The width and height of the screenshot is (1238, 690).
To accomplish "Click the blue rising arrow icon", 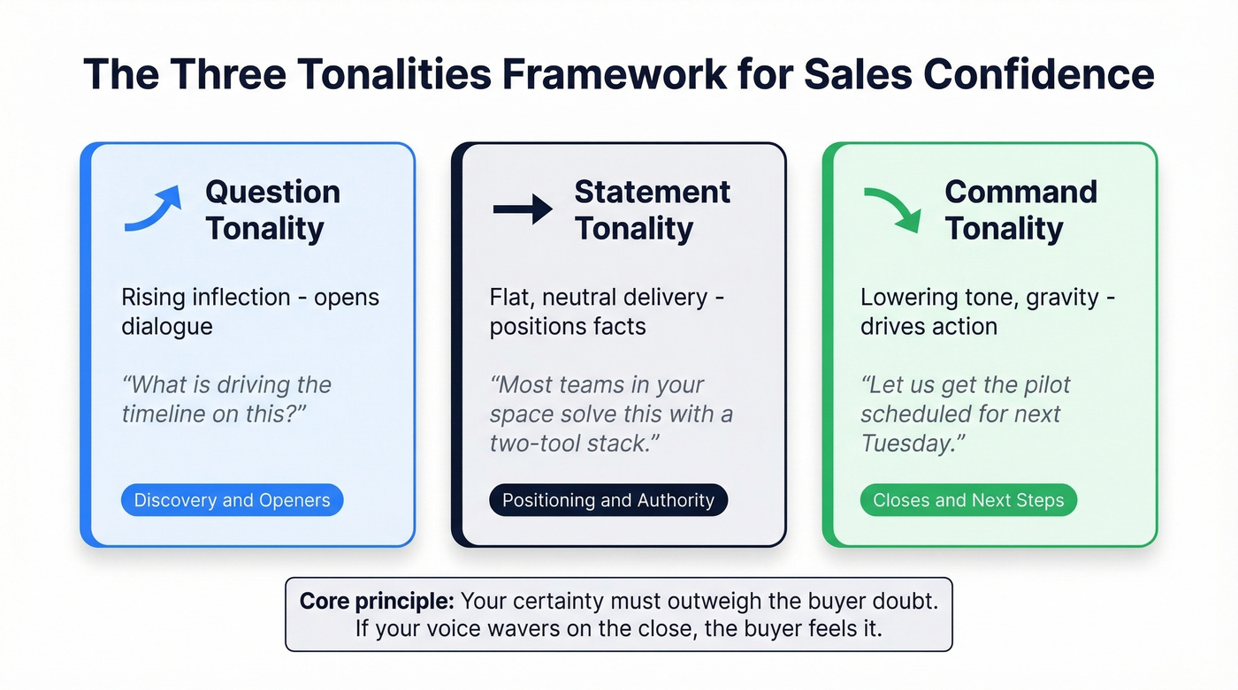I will [153, 209].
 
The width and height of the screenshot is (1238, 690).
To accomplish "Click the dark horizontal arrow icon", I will [522, 209].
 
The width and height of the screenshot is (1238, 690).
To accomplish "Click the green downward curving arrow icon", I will [893, 209].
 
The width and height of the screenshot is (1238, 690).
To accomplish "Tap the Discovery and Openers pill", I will [232, 500].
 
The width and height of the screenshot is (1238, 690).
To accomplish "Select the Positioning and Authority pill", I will [608, 500].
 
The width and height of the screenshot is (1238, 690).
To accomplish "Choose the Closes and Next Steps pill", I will [968, 500].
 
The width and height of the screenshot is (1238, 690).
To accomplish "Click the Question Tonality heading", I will [272, 209].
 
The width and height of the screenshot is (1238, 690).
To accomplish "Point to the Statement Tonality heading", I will [652, 209].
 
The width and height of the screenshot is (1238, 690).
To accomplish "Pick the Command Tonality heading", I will [1020, 209].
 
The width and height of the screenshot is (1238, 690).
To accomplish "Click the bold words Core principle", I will [377, 602].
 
